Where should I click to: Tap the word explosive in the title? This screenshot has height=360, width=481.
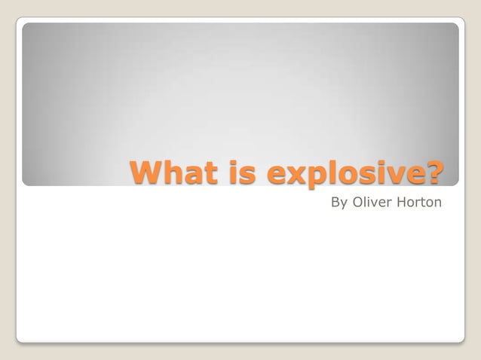click(344, 173)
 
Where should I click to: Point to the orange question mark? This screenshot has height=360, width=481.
click(434, 172)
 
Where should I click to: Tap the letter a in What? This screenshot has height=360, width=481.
click(188, 175)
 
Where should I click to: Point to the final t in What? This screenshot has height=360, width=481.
click(205, 172)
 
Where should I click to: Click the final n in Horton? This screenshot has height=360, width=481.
click(437, 203)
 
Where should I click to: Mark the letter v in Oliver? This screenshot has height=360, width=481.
click(374, 203)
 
